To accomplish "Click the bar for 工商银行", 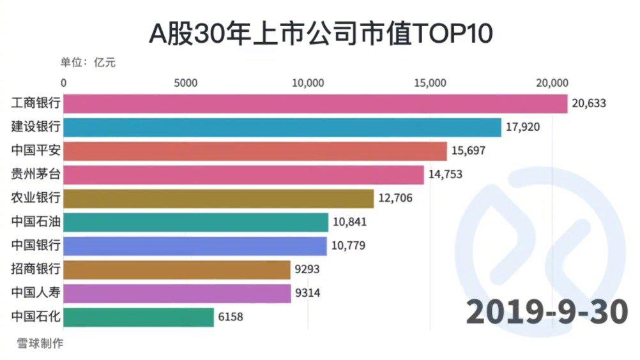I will click(x=316, y=103).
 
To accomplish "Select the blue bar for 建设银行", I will click(x=282, y=127).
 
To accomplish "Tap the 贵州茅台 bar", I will click(x=243, y=175).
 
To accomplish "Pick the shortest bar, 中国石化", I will click(x=139, y=317).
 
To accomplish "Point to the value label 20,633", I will click(x=589, y=103).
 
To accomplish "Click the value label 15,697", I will click(x=470, y=151).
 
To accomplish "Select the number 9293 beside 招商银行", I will click(x=307, y=269).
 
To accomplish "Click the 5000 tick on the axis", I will click(x=185, y=83).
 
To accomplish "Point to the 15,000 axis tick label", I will click(x=430, y=83).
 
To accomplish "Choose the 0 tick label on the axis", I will click(x=64, y=83).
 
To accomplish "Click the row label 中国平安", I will click(x=36, y=151).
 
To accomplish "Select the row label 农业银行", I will click(x=36, y=199).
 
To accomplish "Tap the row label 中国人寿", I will click(x=36, y=293).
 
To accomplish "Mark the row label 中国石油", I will click(x=36, y=222).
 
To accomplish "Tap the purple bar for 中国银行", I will click(x=195, y=246).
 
